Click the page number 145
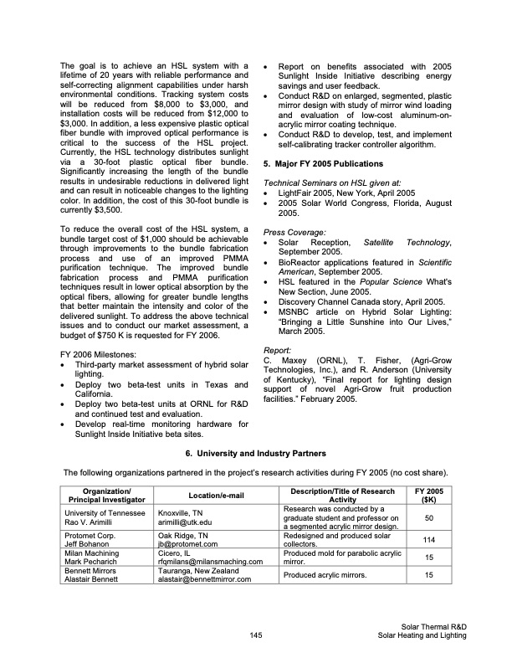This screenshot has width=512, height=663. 256,635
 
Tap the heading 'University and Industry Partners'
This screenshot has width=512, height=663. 256,453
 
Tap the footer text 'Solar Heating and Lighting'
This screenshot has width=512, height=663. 422,636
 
